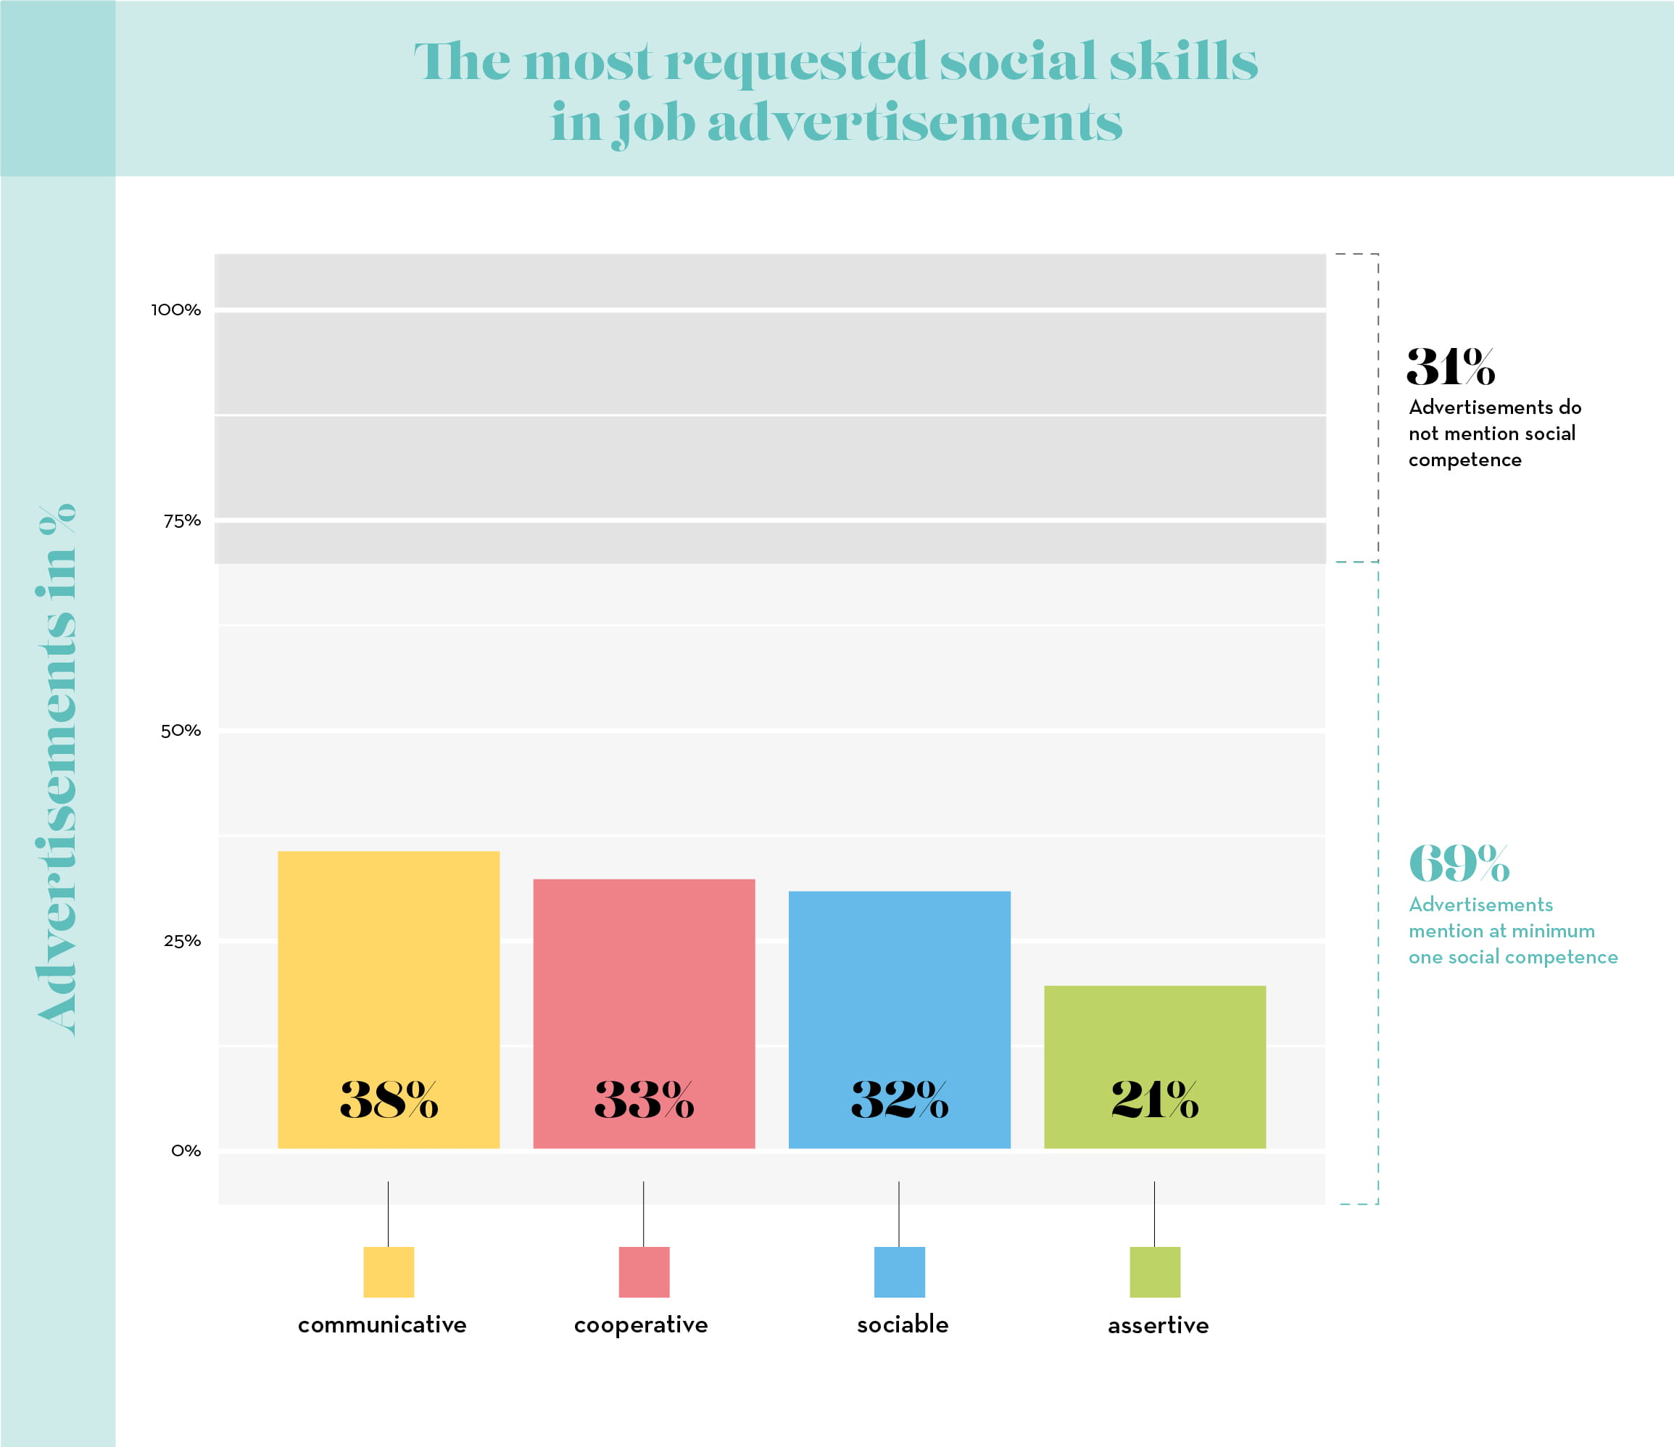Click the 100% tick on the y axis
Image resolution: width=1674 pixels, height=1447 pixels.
click(x=176, y=310)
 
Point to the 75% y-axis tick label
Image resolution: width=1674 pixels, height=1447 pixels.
click(x=182, y=521)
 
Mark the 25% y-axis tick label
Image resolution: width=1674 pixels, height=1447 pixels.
click(x=182, y=941)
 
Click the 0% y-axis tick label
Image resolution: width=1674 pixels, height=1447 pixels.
click(x=186, y=1150)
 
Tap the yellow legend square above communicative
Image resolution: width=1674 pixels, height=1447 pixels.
click(x=389, y=1272)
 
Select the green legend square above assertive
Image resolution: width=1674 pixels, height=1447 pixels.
click(x=1154, y=1272)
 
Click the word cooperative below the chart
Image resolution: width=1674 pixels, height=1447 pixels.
click(x=641, y=1325)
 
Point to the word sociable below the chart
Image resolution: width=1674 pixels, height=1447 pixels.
click(x=903, y=1324)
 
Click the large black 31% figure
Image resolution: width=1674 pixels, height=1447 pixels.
click(x=1450, y=367)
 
